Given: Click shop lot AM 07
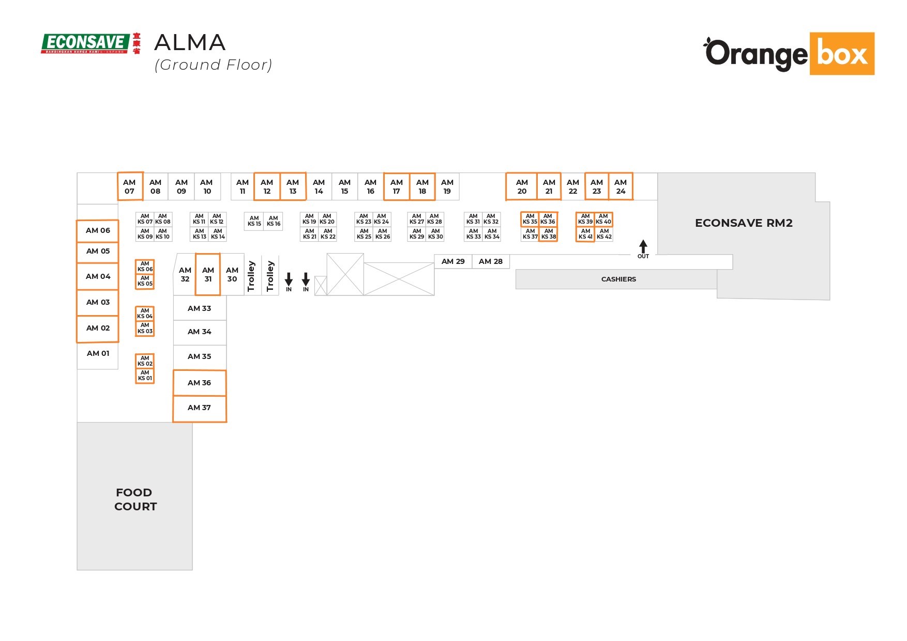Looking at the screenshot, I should click(129, 186).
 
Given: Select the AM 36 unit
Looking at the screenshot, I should click(199, 383).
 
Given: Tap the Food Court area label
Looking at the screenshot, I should click(135, 499).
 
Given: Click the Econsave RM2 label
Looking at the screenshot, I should click(743, 223).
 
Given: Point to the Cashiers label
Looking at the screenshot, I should click(618, 279).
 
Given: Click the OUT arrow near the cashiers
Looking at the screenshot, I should click(643, 247).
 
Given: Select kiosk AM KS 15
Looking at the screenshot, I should click(254, 221).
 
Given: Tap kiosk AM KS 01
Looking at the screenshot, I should click(145, 376).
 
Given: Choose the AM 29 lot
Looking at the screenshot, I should click(453, 261).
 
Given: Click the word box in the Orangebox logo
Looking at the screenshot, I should click(841, 54).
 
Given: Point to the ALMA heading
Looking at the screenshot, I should click(190, 43).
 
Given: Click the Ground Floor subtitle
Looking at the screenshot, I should click(213, 65).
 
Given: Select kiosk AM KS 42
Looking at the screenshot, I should click(604, 234).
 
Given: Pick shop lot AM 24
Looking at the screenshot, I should click(621, 186).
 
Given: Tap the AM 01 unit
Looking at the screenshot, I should click(98, 353).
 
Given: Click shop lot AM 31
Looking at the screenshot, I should click(208, 274).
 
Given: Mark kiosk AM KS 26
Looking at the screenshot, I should click(383, 234).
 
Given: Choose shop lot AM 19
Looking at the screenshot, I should click(447, 186).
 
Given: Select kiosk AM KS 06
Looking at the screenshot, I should click(145, 267).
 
